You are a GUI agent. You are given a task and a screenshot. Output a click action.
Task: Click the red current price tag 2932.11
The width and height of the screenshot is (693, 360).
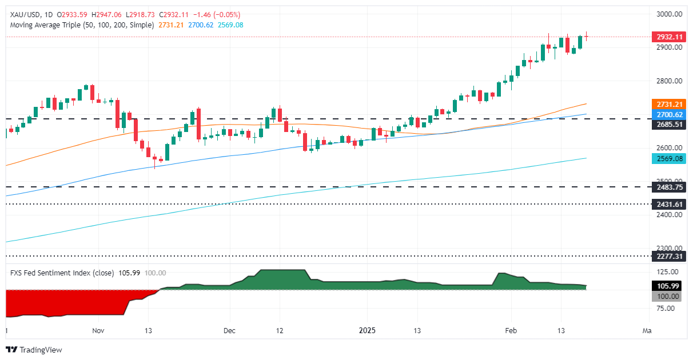668,37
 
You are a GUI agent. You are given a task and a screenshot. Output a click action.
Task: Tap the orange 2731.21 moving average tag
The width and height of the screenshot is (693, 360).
668,105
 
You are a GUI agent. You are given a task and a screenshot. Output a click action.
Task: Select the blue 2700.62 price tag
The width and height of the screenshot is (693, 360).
668,114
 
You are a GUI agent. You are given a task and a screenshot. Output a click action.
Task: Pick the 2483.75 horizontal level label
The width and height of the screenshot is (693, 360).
668,187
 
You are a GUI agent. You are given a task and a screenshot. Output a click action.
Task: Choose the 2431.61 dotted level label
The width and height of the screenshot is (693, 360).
668,204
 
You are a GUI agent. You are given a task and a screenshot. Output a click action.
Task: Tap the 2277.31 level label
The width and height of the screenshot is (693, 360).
668,256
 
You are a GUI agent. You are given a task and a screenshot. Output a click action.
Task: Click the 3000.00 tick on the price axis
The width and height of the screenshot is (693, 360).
668,14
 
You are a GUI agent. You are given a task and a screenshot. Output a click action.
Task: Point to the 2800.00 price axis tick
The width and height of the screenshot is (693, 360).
668,81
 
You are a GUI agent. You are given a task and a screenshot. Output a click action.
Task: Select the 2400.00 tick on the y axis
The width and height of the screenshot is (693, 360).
668,215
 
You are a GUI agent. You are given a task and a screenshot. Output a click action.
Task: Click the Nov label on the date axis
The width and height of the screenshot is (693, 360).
98,330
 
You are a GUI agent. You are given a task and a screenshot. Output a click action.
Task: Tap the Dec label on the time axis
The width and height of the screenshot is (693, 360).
230,330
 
